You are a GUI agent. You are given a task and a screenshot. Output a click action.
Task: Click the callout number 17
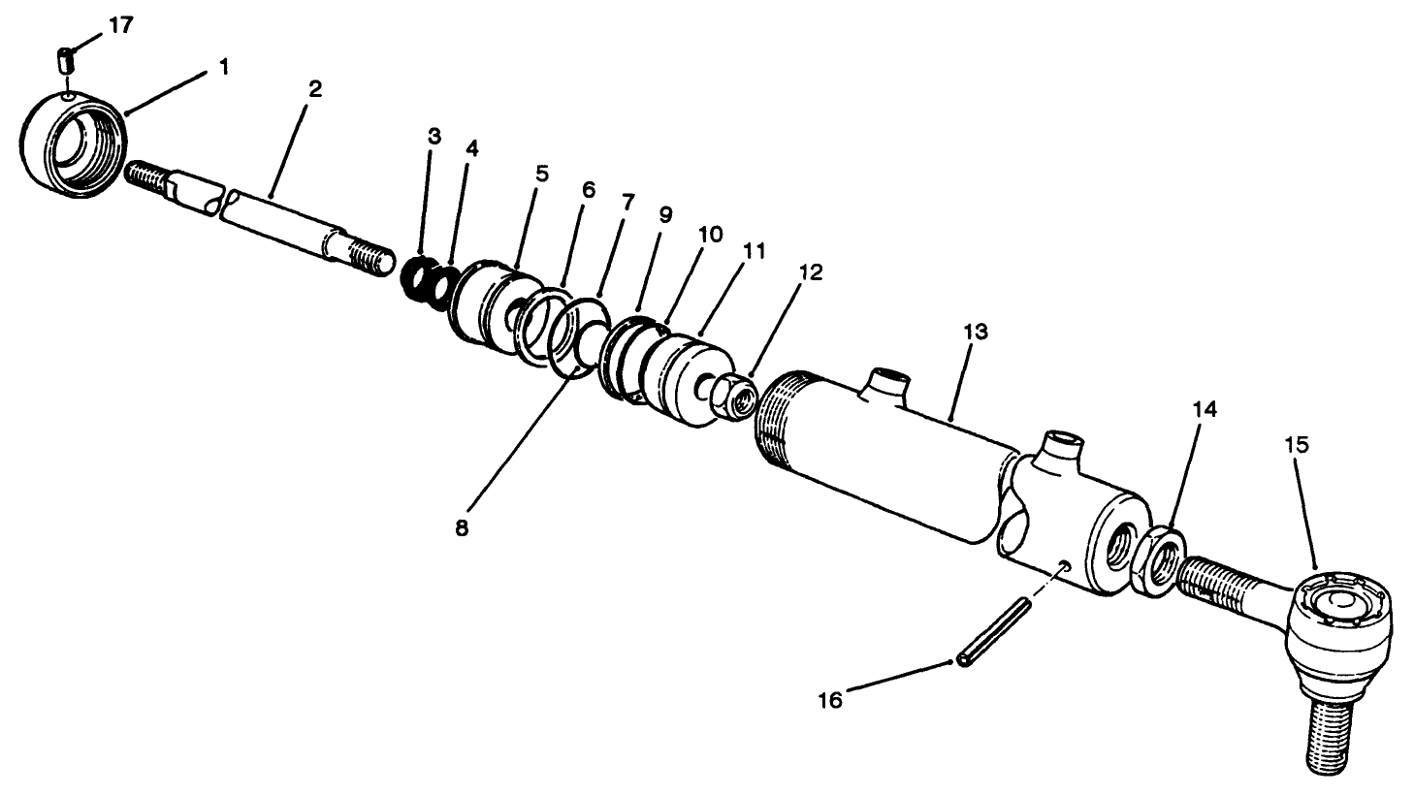[x=120, y=25]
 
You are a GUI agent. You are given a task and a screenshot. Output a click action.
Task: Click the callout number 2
[x=315, y=89]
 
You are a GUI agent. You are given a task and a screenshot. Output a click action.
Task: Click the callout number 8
[x=462, y=529]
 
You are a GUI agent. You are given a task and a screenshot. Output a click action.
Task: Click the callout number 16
[x=830, y=698]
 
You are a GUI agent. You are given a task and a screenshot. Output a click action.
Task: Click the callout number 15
[x=1297, y=445]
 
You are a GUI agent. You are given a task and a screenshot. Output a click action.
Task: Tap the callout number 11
[x=754, y=251]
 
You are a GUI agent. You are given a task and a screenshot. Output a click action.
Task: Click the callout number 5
[x=541, y=174]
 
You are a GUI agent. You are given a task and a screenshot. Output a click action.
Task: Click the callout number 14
[x=1204, y=409]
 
